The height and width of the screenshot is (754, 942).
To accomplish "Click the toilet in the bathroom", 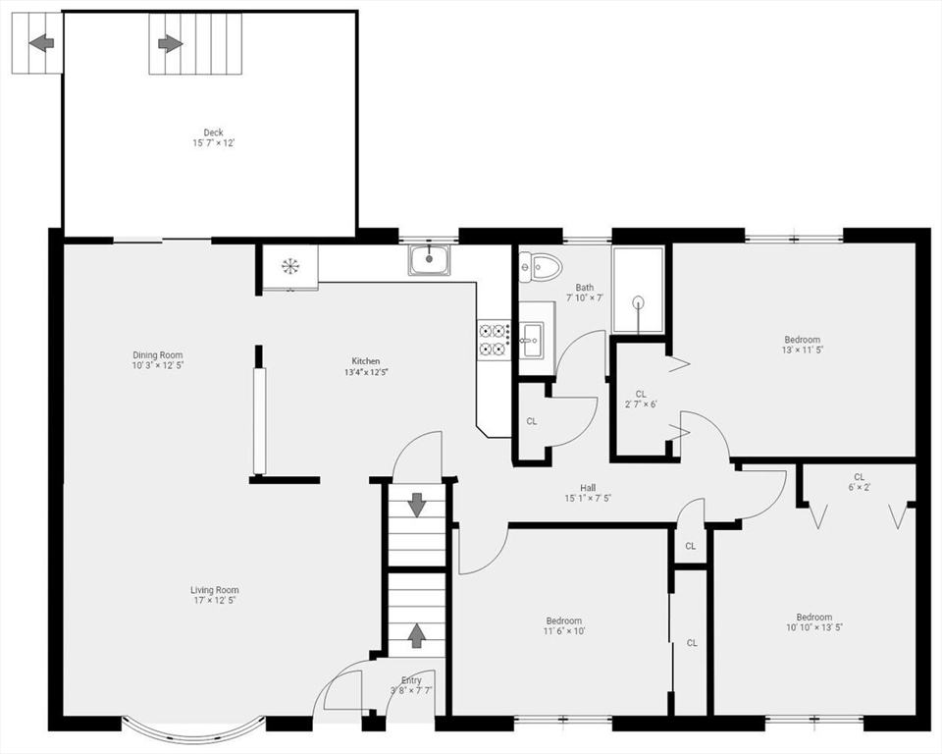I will coord(540,265).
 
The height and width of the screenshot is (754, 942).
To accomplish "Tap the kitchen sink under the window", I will coord(429,260).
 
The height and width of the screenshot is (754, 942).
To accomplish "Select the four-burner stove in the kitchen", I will coord(494,339).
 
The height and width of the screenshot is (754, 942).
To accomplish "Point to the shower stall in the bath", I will coord(639,291).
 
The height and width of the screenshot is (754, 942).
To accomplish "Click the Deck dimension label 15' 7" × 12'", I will coord(213,143).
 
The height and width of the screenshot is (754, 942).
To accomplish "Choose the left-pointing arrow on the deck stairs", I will coord(41,43).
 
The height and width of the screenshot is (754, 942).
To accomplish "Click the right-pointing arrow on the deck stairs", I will coord(171,43).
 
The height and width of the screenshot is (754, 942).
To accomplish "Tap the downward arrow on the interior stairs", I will coord(417,505).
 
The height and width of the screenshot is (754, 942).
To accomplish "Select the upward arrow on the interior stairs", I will coord(417,635).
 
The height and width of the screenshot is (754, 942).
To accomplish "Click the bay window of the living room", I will coord(193,729).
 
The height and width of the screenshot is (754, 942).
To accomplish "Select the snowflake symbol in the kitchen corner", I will coord(290,265).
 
